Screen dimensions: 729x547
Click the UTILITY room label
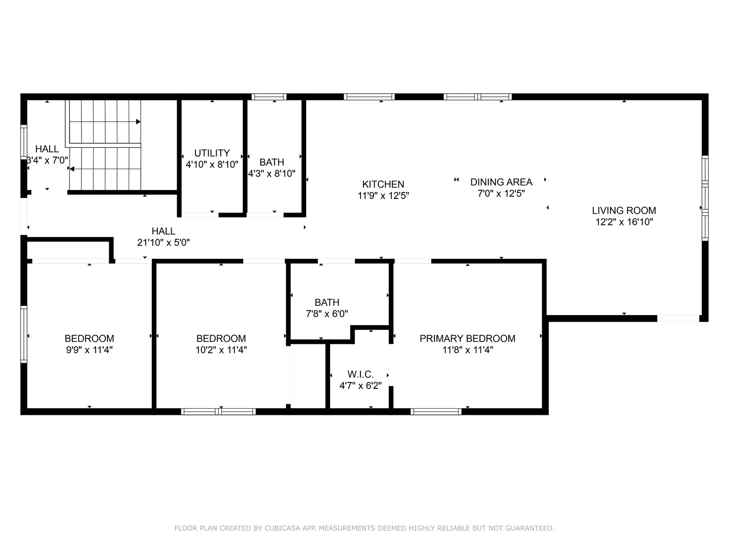tap(212, 153)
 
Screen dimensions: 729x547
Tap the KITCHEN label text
tap(383, 184)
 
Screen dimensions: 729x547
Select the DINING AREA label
tap(501, 182)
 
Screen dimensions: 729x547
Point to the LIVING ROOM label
tap(624, 211)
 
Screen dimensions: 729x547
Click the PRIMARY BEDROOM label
tap(467, 338)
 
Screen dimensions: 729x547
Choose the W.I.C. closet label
tap(360, 374)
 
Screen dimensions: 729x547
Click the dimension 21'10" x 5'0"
tap(164, 243)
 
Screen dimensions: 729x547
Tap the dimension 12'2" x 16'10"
tap(624, 222)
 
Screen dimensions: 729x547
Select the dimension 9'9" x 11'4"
tap(89, 349)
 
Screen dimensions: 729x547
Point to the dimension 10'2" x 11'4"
tap(221, 349)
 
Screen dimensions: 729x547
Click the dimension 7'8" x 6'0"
tap(327, 314)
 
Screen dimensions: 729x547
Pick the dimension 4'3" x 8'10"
tap(272, 173)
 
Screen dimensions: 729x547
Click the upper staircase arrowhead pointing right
tap(139, 122)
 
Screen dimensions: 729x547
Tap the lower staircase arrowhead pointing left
tap(72, 169)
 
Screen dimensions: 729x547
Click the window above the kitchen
tap(369, 97)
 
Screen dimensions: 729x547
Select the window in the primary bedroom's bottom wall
tap(436, 412)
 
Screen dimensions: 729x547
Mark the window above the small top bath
tap(269, 97)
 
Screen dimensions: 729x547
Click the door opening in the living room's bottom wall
tap(678, 319)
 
